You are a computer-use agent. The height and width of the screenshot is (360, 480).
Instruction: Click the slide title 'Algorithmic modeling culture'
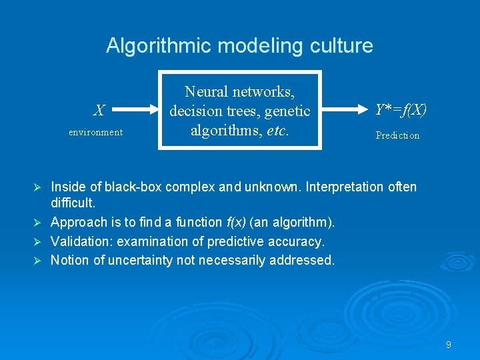[239, 46]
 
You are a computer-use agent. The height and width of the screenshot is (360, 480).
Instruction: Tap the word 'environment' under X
[96, 132]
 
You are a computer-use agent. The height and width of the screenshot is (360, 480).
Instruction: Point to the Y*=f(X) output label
[400, 109]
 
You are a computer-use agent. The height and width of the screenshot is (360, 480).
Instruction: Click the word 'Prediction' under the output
[397, 135]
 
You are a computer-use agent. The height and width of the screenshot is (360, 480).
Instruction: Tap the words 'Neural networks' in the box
[239, 91]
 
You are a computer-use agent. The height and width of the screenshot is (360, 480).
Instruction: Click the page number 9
[449, 345]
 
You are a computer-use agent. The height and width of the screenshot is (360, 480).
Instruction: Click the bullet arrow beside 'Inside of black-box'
[37, 187]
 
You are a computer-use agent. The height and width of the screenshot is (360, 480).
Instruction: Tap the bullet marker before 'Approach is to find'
[37, 222]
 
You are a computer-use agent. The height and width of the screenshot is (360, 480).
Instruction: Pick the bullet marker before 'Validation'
[37, 241]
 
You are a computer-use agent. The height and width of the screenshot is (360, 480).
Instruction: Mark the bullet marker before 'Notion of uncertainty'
[37, 261]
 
